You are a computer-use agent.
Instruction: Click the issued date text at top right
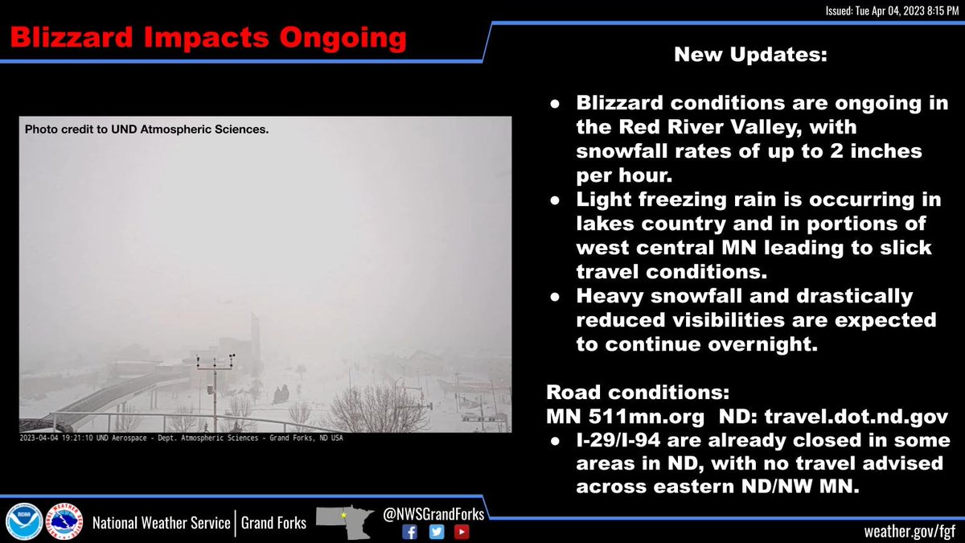(892, 10)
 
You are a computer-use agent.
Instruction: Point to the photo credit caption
(146, 129)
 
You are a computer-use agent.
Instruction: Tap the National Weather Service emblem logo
(64, 521)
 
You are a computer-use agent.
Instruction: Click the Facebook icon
(410, 532)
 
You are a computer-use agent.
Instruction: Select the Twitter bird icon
(436, 532)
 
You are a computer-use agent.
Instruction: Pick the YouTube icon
(462, 532)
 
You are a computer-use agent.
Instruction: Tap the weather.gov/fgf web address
(909, 531)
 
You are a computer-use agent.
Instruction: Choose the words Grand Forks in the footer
(274, 523)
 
